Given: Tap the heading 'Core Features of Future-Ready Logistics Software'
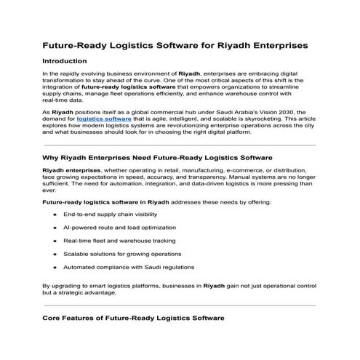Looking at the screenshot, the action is [x=134, y=319].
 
